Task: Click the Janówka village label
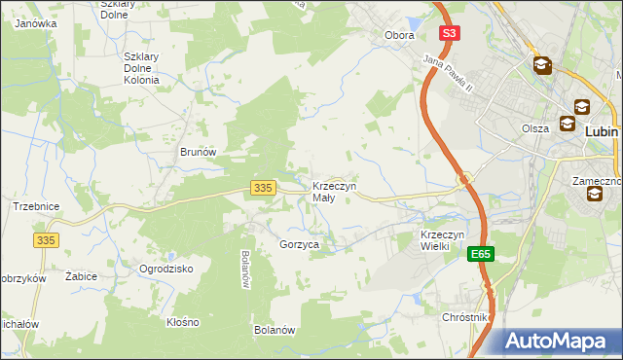pos(34,22)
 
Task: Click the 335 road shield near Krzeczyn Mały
pos(261,187)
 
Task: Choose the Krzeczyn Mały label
pos(334,192)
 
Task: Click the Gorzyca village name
pos(299,246)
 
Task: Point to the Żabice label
pos(81,276)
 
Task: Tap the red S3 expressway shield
pos(448,33)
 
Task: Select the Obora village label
pos(399,35)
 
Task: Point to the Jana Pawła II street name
pos(448,74)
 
